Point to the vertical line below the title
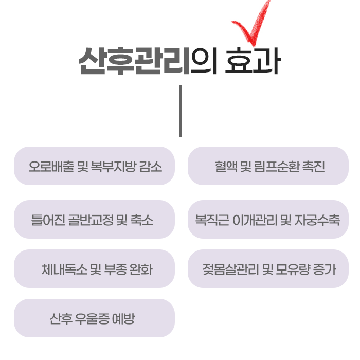tap(180, 111)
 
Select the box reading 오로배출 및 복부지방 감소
tap(94, 166)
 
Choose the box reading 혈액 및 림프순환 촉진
tap(268, 166)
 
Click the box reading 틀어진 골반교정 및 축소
tap(94, 219)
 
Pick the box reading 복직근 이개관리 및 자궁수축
tap(268, 219)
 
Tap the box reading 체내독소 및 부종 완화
tap(94, 268)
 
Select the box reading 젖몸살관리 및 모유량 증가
tap(268, 268)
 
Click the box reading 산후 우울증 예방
tap(94, 318)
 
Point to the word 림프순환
tap(276, 166)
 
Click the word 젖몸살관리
tap(229, 269)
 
